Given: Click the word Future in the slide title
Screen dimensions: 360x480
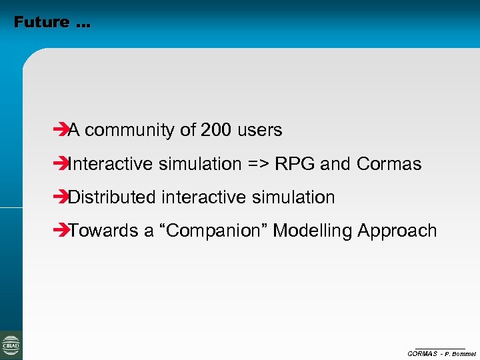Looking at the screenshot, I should [x=41, y=22].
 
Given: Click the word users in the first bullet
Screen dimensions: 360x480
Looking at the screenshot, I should [x=259, y=130].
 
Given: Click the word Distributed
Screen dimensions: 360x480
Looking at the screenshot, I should [x=112, y=197].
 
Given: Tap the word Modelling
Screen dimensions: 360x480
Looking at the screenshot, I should [x=313, y=231].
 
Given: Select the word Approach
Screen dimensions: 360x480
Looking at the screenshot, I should [x=397, y=231].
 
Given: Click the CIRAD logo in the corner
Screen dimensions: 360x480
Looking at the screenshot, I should [x=11, y=345].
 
